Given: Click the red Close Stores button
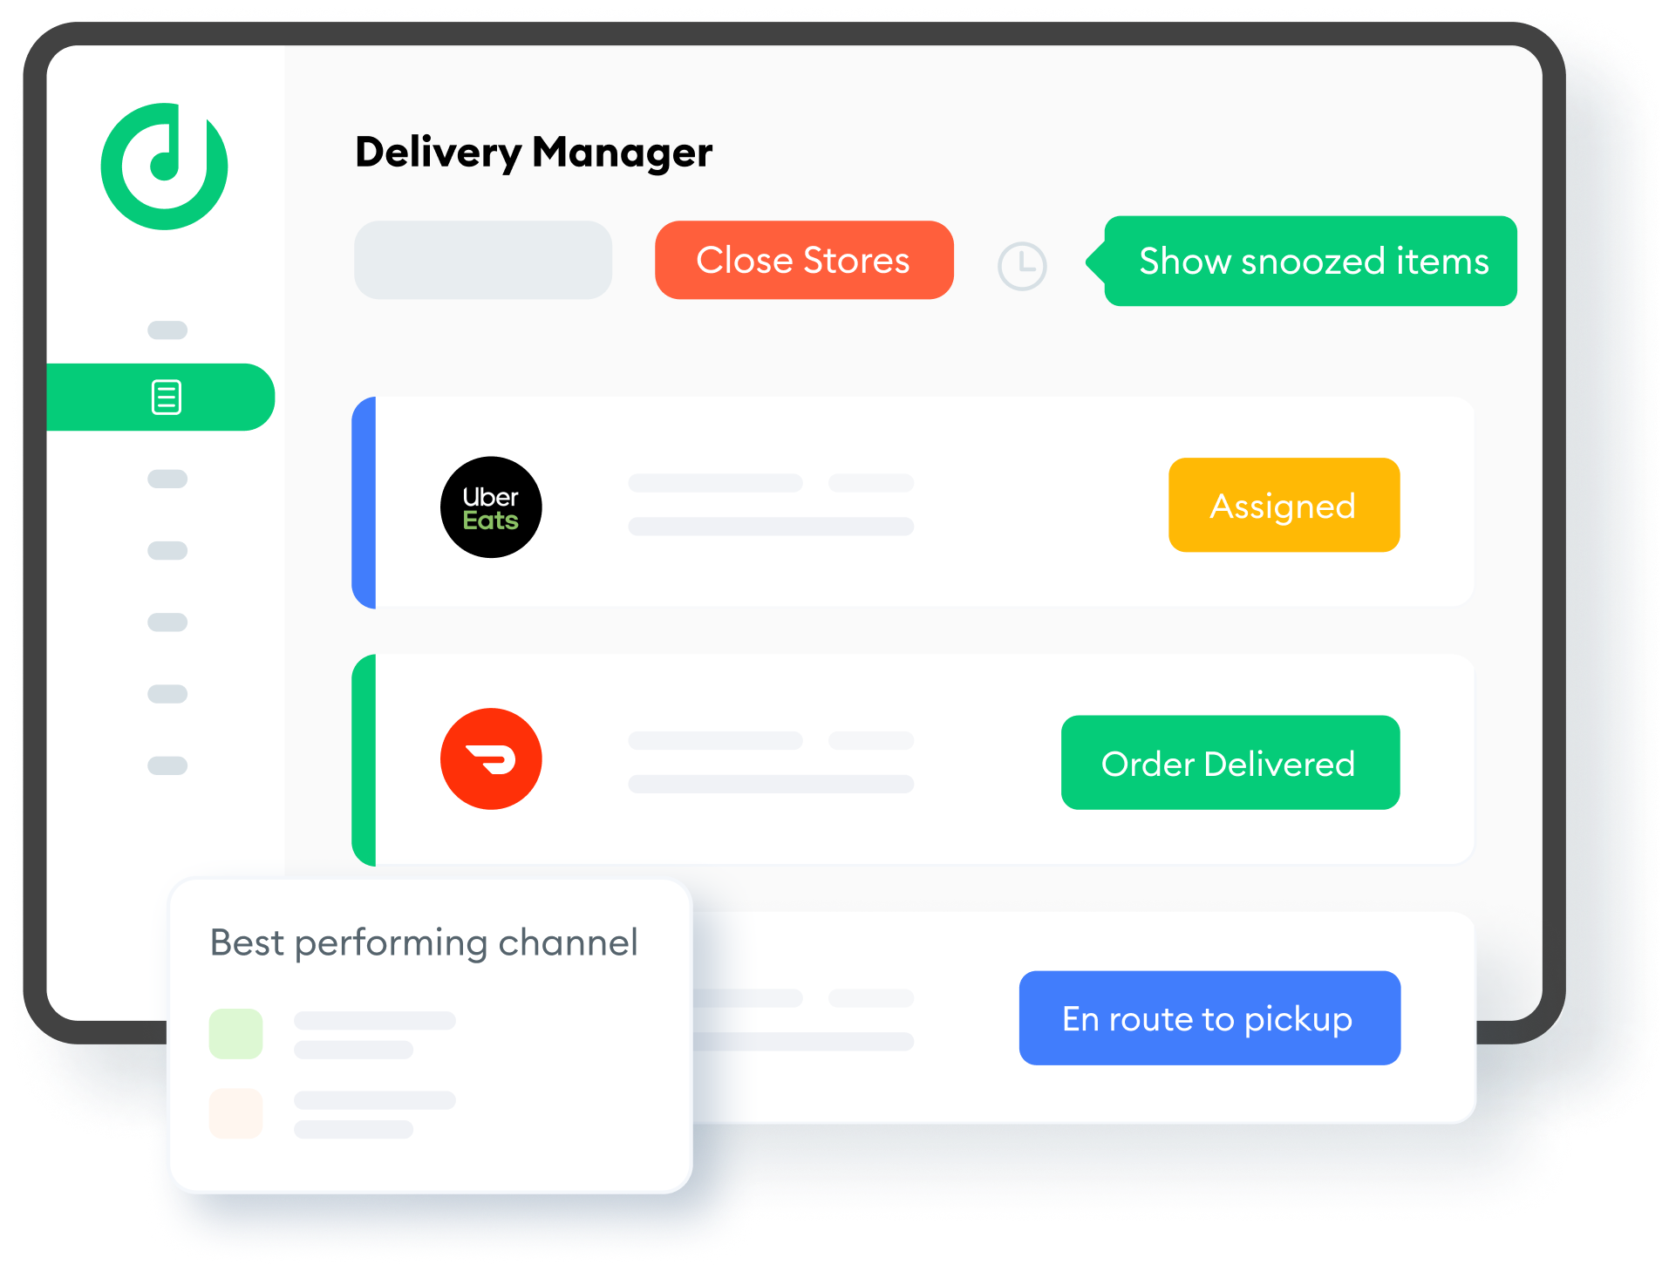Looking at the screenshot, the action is tap(803, 261).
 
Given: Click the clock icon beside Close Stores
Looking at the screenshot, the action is tap(1022, 266).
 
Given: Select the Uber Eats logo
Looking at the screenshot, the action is tap(491, 507).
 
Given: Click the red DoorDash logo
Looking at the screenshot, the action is tap(491, 758).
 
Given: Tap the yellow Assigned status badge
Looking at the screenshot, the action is tap(1284, 506).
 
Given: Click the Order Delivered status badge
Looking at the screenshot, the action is tap(1230, 764).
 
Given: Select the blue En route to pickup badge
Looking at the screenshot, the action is tap(1209, 1018).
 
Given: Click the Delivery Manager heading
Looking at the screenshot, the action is tap(534, 153).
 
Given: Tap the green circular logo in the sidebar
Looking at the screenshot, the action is tap(164, 167).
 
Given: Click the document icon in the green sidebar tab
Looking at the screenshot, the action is tap(167, 398).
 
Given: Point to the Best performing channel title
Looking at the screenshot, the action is tap(424, 943).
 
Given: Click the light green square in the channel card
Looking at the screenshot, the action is tap(235, 1034).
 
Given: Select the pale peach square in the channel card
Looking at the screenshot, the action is tap(235, 1113).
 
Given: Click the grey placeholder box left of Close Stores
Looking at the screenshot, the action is tap(483, 261).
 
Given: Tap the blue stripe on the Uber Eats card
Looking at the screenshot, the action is tap(364, 503).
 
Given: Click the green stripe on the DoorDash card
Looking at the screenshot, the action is tap(364, 760).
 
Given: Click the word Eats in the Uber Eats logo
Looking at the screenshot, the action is tap(490, 521).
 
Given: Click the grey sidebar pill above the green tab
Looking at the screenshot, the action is tap(167, 330).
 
